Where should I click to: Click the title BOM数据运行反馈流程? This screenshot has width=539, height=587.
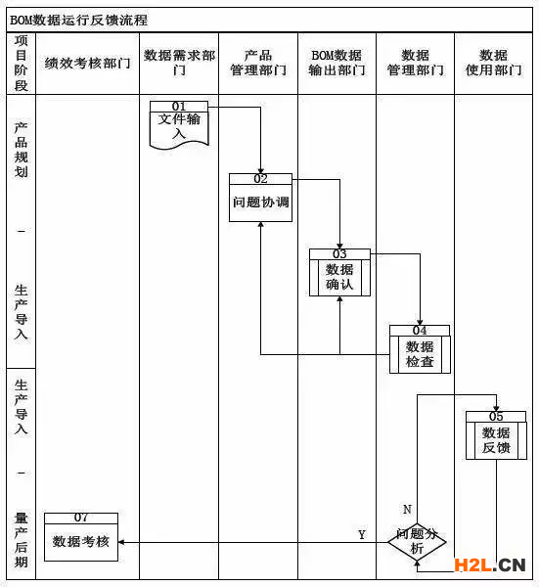78,20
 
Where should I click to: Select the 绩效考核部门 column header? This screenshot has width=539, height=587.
88,63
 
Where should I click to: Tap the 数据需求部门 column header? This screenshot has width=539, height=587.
179,63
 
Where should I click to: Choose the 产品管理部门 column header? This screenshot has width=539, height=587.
258,63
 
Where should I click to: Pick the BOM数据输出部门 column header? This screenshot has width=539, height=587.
337,63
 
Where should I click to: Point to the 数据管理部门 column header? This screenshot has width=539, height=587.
416,63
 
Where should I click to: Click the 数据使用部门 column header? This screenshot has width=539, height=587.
494,63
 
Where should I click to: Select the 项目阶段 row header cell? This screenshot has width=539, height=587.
22,63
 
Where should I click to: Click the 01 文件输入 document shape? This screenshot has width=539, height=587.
179,125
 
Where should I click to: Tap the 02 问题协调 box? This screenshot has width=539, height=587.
260,198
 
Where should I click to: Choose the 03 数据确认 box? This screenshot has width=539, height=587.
339,273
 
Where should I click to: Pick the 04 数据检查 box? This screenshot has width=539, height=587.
420,349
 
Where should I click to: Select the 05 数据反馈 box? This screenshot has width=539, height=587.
496,435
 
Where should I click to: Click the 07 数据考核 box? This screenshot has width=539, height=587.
81,537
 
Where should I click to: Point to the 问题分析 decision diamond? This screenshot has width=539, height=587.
417,541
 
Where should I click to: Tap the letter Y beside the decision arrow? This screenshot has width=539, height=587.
362,534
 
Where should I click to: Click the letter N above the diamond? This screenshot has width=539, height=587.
407,509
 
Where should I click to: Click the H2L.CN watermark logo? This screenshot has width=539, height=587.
490,565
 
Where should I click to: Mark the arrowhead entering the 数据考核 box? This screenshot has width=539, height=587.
121,542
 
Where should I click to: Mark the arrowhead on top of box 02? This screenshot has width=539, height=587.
261,171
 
